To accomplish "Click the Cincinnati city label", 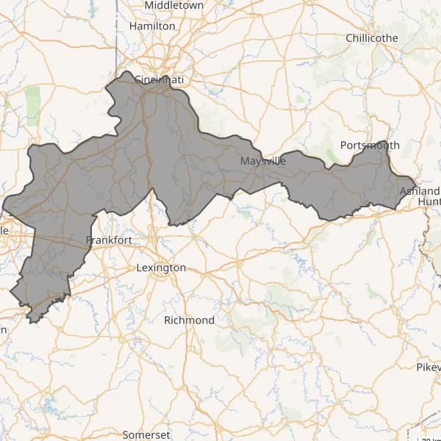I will pyautogui.click(x=154, y=79).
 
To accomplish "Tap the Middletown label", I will pyautogui.click(x=173, y=5).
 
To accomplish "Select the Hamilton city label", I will pyautogui.click(x=152, y=26).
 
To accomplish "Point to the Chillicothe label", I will pyautogui.click(x=371, y=37).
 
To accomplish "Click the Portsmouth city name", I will pyautogui.click(x=370, y=146).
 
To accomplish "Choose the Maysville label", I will pyautogui.click(x=263, y=160).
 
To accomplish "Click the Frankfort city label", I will pyautogui.click(x=109, y=240).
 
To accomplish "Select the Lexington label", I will pyautogui.click(x=161, y=268).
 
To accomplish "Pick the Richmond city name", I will pyautogui.click(x=189, y=320).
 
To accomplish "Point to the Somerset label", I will pyautogui.click(x=146, y=434).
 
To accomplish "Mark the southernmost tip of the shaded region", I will pyautogui.click(x=32, y=321).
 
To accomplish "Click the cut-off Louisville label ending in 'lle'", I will pyautogui.click(x=4, y=231).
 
